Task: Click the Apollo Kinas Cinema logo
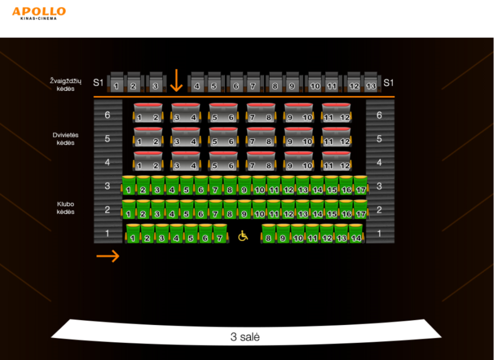39,13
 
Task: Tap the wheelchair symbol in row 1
243,236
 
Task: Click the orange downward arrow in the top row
176,81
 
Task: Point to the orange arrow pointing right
108,256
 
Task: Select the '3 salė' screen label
245,337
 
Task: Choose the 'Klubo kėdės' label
65,208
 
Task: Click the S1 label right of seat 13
388,82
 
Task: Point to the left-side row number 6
107,115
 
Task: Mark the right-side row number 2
379,209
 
